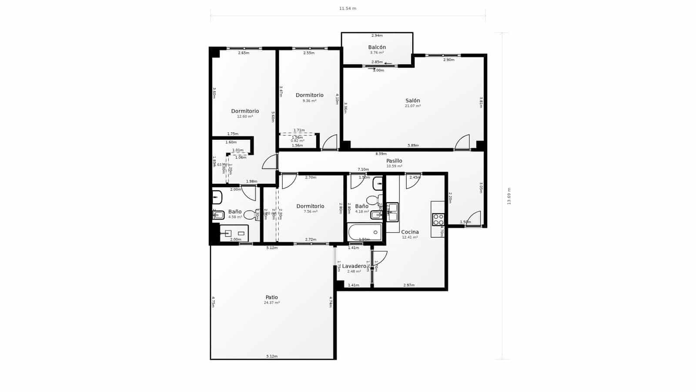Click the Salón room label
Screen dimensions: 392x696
[x=412, y=101]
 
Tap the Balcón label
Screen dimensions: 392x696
[x=377, y=47]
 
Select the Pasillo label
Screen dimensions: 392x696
[x=394, y=161]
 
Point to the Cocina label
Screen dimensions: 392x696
[x=410, y=232]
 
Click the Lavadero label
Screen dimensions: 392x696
[x=354, y=266]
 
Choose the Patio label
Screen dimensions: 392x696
[x=271, y=297]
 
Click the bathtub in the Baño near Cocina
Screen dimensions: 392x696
[x=365, y=232]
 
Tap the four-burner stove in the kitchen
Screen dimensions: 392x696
[x=438, y=220]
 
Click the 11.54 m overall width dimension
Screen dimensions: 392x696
[x=348, y=9]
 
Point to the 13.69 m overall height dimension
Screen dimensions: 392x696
[x=509, y=196]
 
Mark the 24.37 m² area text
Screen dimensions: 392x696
[x=271, y=303]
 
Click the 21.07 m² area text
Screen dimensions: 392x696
[x=412, y=106]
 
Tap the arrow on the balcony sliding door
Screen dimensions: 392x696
[x=388, y=63]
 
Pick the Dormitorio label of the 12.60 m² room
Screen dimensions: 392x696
[x=245, y=111]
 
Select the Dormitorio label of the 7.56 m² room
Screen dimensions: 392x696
[x=310, y=206]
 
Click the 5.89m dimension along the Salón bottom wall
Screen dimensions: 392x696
[x=413, y=145]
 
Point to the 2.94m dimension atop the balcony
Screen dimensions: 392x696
[x=377, y=36]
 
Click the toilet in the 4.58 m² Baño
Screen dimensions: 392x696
[x=249, y=215]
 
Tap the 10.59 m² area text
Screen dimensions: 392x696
[x=394, y=166]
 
